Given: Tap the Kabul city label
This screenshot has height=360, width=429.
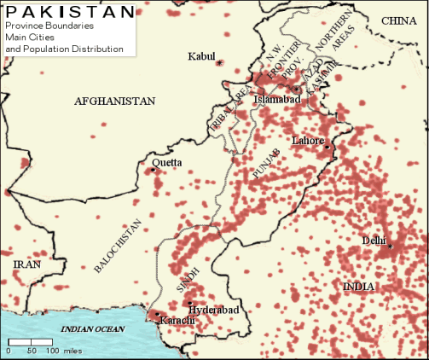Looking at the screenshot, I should [202, 57].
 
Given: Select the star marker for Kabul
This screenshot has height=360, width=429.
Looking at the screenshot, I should [220, 63].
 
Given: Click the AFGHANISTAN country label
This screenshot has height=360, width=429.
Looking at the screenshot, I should [115, 101].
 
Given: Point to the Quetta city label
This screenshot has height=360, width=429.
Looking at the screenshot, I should [166, 162].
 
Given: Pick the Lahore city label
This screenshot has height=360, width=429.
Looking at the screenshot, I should [308, 140].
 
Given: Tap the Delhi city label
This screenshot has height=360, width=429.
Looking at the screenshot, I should [374, 240].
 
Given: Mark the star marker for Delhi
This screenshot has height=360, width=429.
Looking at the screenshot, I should [391, 247].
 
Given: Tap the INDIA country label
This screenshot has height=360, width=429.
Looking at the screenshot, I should [358, 287].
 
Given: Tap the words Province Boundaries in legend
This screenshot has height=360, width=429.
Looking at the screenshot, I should [50, 26].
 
